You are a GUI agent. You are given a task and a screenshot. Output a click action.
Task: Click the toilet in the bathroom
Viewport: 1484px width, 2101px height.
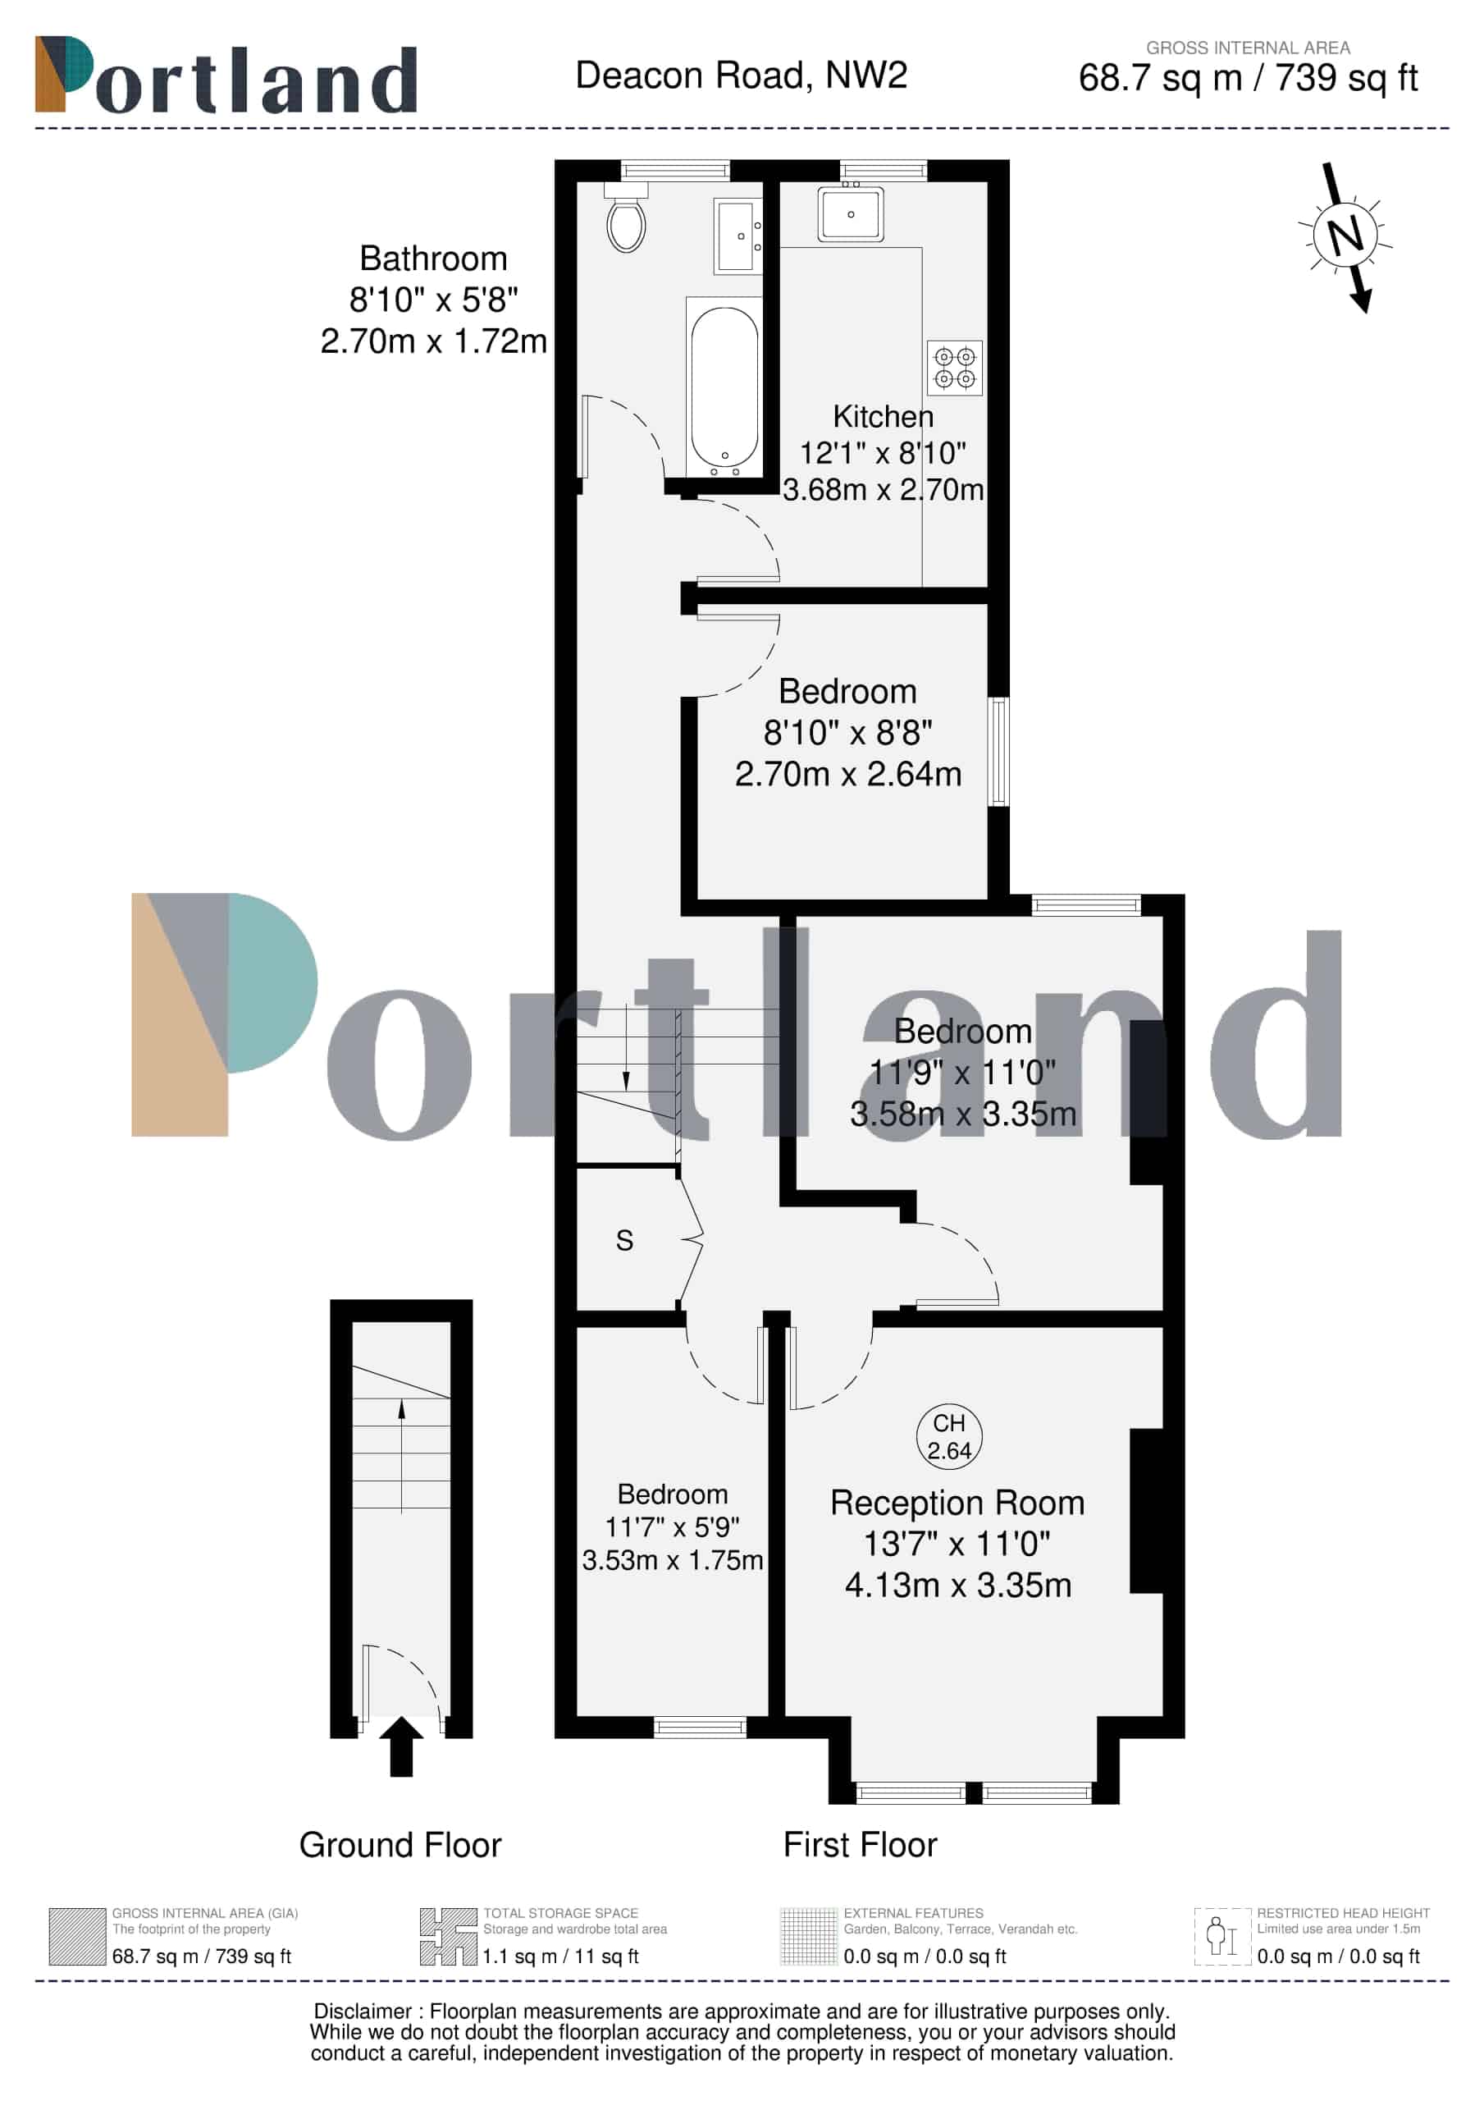(x=627, y=217)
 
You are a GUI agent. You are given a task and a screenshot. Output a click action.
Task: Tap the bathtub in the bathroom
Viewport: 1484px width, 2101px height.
(x=724, y=387)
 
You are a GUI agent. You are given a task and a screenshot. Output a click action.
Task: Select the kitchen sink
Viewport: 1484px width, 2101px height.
(x=851, y=214)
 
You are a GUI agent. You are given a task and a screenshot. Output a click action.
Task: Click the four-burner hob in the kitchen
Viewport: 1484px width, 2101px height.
(x=954, y=367)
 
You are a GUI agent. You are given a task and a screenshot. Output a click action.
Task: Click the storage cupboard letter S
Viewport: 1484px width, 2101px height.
(x=624, y=1241)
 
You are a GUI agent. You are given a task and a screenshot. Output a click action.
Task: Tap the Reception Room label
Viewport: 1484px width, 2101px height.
(x=957, y=1503)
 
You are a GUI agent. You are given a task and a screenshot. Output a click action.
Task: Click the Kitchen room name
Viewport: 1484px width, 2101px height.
(x=883, y=416)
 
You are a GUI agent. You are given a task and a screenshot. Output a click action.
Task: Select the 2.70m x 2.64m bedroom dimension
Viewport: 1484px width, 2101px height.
(x=848, y=774)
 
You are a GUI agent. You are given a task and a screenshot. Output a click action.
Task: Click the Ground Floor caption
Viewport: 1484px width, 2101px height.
(x=400, y=1845)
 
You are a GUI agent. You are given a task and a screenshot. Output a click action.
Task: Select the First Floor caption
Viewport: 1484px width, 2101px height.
(x=860, y=1845)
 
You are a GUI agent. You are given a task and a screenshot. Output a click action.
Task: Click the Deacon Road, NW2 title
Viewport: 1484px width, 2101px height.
(x=741, y=75)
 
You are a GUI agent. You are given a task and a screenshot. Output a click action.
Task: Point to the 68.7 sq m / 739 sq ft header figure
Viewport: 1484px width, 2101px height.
(x=1248, y=78)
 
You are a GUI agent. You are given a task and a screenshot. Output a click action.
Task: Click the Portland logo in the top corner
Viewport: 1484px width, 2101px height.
(x=226, y=75)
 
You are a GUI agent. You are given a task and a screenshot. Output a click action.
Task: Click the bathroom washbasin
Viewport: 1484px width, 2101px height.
(x=737, y=237)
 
